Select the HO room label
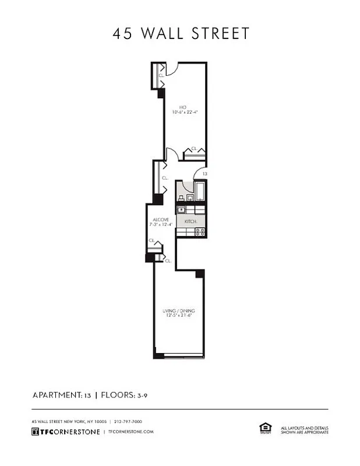coord(182,107)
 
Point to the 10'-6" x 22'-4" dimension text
coord(185,112)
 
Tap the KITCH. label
coord(190,222)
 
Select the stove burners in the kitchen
coord(199,231)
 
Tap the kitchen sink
coord(181,210)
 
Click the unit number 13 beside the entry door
coord(204,174)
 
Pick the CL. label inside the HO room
coord(194,149)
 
